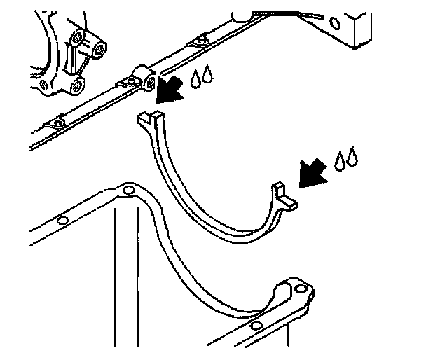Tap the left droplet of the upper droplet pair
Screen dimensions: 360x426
[x=194, y=81]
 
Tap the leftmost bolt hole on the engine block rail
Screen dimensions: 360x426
[x=58, y=123]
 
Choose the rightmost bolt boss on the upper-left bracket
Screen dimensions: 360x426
[x=99, y=50]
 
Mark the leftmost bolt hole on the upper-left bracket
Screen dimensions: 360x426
[x=45, y=85]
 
